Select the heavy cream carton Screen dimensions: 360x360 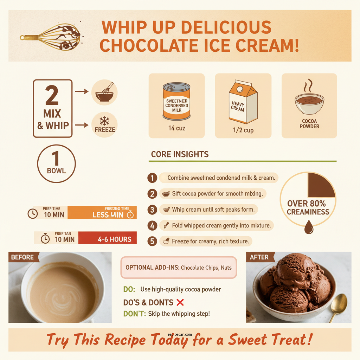[x=243, y=102]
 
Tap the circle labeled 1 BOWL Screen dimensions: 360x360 [x=56, y=163]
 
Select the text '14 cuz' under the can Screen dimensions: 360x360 [x=176, y=128]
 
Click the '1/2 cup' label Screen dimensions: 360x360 [x=243, y=130]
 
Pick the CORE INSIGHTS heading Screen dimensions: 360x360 [x=180, y=154]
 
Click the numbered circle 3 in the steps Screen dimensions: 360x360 [x=152, y=210]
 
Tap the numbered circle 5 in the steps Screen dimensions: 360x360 [x=152, y=242]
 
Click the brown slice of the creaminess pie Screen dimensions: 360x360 [x=321, y=185]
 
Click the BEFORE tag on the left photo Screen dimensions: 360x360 [x=23, y=257]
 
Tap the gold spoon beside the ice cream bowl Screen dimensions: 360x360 [x=338, y=306]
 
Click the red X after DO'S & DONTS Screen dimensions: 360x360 [x=180, y=302]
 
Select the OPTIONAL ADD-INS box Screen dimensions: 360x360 [x=179, y=268]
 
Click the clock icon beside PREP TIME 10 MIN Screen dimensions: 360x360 [x=33, y=213]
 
